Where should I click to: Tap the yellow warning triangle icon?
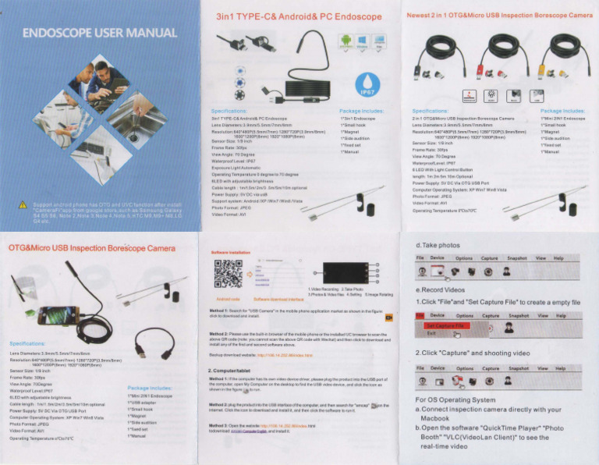[23, 206]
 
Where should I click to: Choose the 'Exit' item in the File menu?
[431, 333]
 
